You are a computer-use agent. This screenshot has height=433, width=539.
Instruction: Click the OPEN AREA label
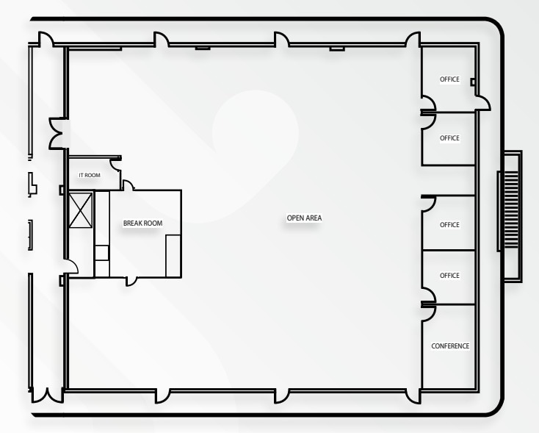click(x=304, y=218)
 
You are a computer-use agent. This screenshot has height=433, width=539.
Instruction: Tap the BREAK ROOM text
click(x=142, y=223)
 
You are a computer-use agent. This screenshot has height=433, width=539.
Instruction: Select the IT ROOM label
click(x=90, y=176)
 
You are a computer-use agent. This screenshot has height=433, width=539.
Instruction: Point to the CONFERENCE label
click(x=449, y=346)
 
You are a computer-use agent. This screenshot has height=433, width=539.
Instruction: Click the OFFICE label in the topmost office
click(x=449, y=79)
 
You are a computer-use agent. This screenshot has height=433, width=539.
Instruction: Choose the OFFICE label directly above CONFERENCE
click(x=449, y=276)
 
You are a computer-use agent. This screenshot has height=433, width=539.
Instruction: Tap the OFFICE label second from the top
click(x=449, y=138)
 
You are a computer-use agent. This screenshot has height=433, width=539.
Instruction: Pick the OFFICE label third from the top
click(x=449, y=225)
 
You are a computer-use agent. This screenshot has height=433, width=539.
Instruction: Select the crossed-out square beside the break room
click(x=79, y=210)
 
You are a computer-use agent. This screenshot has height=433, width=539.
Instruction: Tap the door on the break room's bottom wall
click(x=131, y=279)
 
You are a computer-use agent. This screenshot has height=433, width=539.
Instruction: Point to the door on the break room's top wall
click(x=127, y=185)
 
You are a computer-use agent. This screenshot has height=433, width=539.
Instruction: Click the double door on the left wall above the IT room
click(x=57, y=133)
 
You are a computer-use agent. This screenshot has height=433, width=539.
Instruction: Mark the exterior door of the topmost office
click(x=482, y=101)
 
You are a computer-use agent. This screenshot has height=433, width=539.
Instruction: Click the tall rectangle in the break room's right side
click(x=173, y=255)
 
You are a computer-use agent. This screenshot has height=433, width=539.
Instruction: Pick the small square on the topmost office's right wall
click(x=472, y=82)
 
